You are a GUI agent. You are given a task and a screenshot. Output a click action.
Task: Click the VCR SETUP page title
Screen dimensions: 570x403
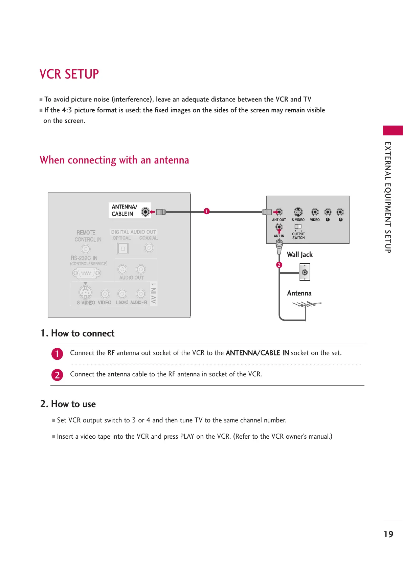[x=69, y=74]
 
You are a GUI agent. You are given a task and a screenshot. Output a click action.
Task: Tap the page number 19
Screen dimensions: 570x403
[x=388, y=534]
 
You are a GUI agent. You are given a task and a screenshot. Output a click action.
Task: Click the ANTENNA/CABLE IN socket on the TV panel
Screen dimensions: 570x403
[x=145, y=212]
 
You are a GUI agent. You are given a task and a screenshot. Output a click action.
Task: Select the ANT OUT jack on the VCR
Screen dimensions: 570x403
[x=279, y=212]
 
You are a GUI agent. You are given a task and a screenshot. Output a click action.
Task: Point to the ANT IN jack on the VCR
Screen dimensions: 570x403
[x=279, y=227]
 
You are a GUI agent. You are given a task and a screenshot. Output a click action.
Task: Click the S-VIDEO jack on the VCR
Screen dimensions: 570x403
[x=298, y=212]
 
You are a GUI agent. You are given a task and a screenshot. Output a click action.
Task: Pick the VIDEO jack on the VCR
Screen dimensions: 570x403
[x=315, y=212]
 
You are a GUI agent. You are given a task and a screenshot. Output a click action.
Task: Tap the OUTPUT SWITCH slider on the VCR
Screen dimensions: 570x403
[x=298, y=226]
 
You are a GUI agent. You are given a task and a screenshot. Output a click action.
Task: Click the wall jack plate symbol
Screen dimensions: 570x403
[x=305, y=272]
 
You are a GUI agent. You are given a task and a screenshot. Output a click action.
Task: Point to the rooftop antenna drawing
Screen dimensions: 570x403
[x=306, y=305]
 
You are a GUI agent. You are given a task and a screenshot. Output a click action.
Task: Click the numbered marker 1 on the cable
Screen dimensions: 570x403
[x=206, y=211]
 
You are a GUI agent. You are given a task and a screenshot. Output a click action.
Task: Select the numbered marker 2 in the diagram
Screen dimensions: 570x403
[x=279, y=265]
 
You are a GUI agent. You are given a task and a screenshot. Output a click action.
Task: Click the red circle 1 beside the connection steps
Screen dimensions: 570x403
[x=57, y=354]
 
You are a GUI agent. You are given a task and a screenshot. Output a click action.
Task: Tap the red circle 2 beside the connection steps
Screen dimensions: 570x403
[x=57, y=375]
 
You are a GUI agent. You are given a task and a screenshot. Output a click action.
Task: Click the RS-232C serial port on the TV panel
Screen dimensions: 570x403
[x=87, y=272]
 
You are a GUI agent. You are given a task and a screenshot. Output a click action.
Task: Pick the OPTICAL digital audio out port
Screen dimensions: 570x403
[x=122, y=248]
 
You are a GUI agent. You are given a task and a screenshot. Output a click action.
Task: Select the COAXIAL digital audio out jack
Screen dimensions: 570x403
[x=149, y=248]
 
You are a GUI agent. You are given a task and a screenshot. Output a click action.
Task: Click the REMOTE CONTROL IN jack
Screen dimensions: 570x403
[x=86, y=249]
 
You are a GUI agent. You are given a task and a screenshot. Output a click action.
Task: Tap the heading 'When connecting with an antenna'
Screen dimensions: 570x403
[x=114, y=160]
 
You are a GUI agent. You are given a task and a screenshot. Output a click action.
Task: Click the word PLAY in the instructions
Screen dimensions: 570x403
[x=187, y=436]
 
